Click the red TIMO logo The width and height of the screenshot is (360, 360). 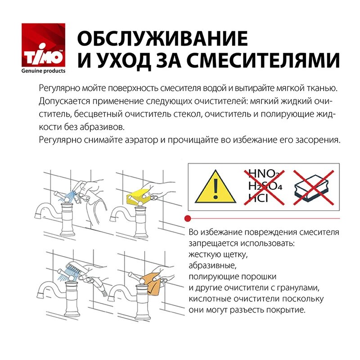pos(43,46)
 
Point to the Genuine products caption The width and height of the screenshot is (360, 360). pos(44,71)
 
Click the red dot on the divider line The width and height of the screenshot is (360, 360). pos(188,218)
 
